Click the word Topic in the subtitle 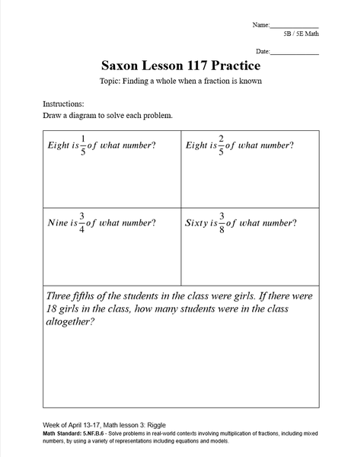point(111,81)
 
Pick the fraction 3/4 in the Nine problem point(79,223)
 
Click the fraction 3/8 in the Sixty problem point(222,223)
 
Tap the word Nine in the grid point(56,223)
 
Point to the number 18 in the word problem point(54,308)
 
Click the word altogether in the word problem point(70,322)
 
